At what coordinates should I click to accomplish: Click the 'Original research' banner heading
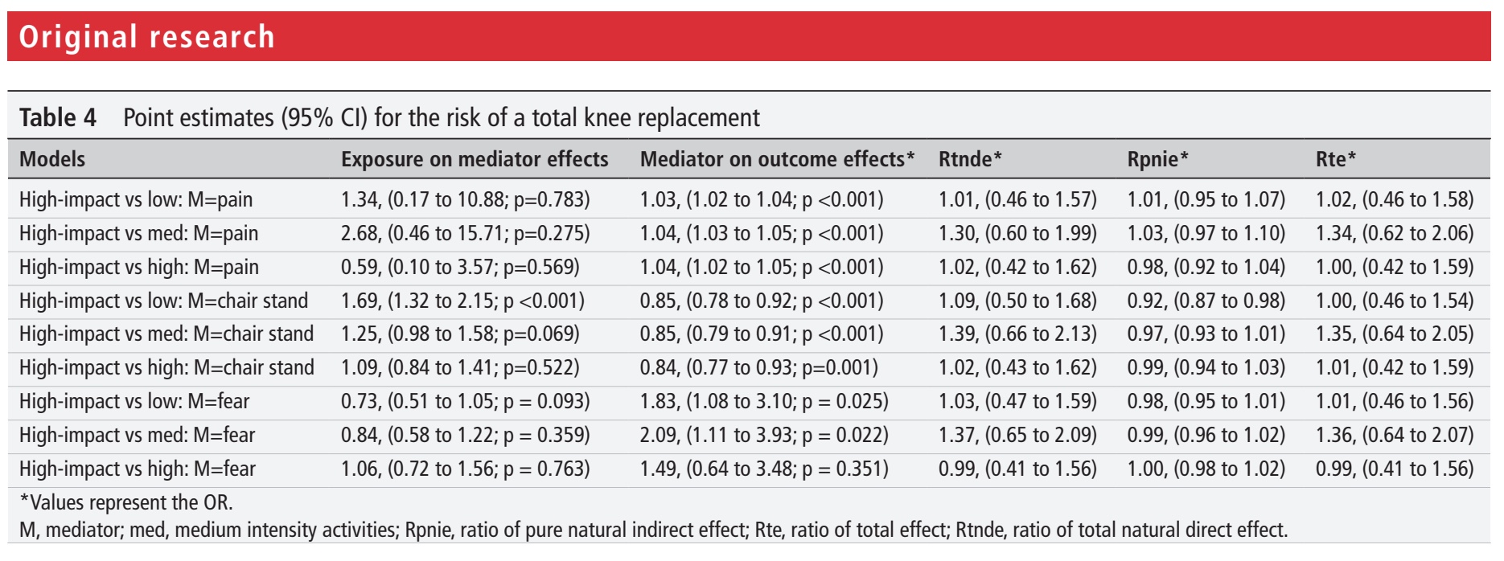tap(146, 37)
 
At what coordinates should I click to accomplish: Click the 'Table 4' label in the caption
tap(58, 118)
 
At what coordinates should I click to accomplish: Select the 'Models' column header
tap(52, 159)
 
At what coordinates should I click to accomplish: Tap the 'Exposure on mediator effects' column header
tap(475, 159)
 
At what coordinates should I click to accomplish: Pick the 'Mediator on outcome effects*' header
tap(778, 159)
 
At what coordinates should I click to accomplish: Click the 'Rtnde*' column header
tap(970, 159)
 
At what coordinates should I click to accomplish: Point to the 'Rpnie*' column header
tap(1157, 159)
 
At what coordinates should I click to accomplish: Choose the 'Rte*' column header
tap(1336, 159)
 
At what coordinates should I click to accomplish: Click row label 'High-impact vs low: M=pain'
tap(136, 199)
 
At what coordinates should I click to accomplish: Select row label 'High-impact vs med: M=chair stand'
tap(166, 334)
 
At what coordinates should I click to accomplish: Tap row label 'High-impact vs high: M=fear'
tap(138, 469)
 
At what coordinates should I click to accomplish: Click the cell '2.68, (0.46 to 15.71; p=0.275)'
tap(466, 233)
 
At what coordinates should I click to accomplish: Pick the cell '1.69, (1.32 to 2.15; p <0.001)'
tap(462, 301)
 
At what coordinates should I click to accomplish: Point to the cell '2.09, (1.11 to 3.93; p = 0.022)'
tap(764, 435)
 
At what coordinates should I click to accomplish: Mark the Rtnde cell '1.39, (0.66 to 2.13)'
tap(1017, 334)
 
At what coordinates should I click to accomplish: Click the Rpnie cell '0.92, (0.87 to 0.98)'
tap(1206, 301)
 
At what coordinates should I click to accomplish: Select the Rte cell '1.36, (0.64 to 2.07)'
tap(1395, 435)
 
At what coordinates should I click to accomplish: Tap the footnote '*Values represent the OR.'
tap(126, 502)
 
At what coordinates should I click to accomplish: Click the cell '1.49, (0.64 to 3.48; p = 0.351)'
tap(764, 469)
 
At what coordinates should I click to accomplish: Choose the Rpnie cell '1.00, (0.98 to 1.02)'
tap(1206, 469)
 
